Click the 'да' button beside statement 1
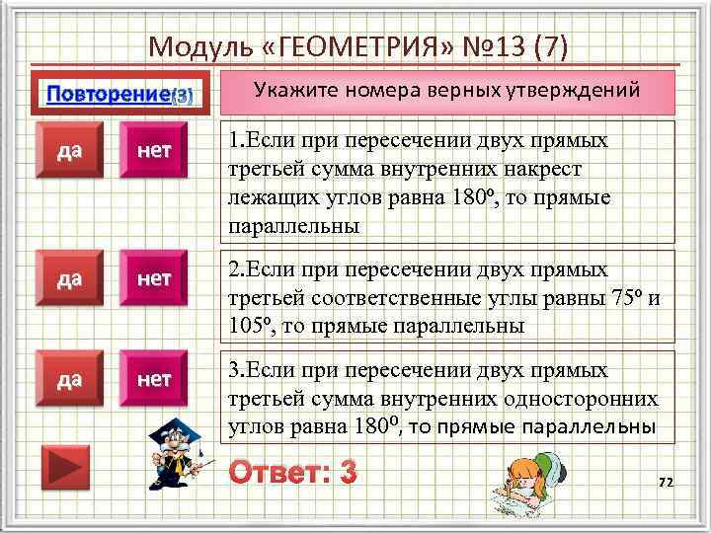68,151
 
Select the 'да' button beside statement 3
68,379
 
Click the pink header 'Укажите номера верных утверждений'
447,91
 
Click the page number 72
665,482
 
